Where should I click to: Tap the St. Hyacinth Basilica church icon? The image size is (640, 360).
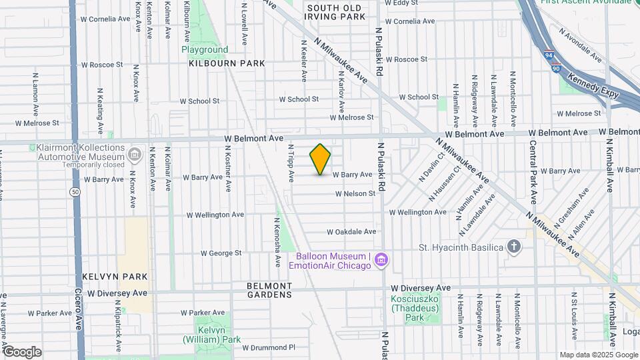(x=513, y=247)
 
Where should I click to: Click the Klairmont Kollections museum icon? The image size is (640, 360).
(x=135, y=155)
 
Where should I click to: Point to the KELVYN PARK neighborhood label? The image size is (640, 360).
(x=115, y=276)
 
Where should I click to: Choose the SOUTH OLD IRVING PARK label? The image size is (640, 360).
(x=335, y=11)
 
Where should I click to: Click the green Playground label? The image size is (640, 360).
(x=205, y=49)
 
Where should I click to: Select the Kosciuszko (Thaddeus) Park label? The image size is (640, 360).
(x=423, y=307)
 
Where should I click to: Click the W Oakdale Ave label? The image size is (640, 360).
(x=351, y=232)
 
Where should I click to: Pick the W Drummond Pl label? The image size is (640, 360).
(x=268, y=347)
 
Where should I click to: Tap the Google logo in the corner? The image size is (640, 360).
(x=22, y=351)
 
